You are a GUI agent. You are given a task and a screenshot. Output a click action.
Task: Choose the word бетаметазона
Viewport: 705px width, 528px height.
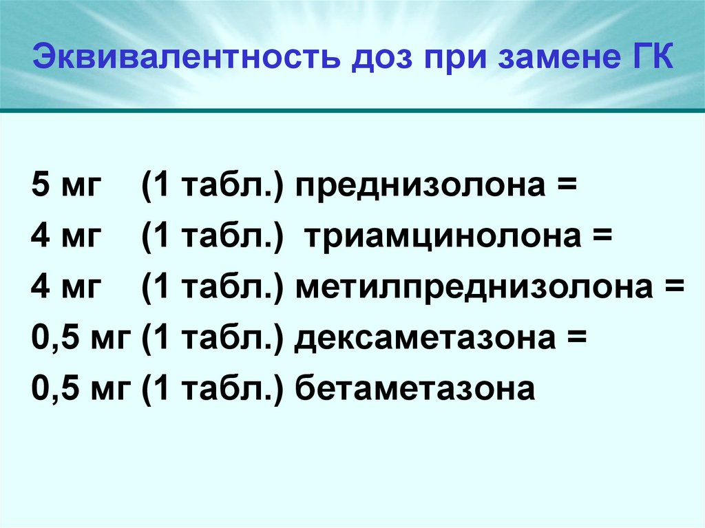click(415, 390)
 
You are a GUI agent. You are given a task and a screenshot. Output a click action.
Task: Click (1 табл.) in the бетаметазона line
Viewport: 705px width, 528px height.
click(214, 390)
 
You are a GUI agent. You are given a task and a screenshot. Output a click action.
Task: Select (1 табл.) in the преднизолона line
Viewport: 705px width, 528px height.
click(214, 187)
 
